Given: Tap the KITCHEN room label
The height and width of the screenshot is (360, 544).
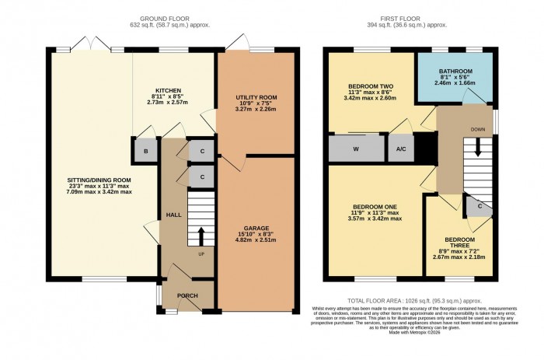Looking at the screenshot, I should pyautogui.click(x=168, y=90).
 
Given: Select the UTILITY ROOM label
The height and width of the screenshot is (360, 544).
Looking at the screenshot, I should pyautogui.click(x=256, y=97).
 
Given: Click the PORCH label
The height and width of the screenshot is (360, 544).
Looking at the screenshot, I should pyautogui.click(x=187, y=295).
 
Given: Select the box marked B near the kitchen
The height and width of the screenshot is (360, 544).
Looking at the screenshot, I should pyautogui.click(x=145, y=151).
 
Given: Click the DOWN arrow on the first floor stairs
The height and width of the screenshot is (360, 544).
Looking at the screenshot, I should pyautogui.click(x=478, y=145).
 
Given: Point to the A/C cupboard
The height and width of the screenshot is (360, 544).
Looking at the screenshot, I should pyautogui.click(x=401, y=148).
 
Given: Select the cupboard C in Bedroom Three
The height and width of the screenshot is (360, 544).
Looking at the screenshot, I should pyautogui.click(x=478, y=206).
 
